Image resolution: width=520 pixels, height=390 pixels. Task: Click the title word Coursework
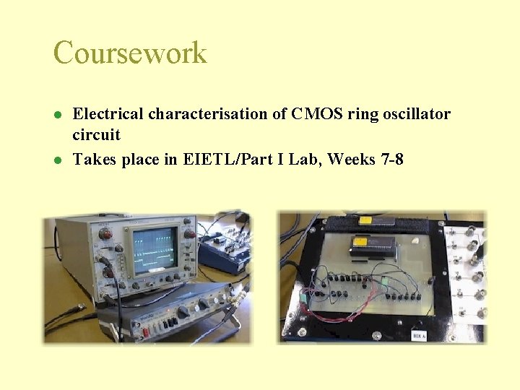point(130,53)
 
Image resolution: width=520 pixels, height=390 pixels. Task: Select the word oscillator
point(414,114)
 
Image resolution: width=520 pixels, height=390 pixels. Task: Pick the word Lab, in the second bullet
point(305,159)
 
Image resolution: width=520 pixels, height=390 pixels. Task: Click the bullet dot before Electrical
point(57,115)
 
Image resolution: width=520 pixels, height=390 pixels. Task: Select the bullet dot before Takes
point(57,160)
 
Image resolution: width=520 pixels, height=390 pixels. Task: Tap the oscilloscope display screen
point(155,248)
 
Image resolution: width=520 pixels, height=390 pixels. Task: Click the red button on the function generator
point(144,331)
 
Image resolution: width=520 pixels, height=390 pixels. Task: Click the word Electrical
point(110,114)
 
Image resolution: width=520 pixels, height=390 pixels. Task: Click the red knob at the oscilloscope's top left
point(105,234)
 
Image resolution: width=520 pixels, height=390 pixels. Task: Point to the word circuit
point(96,135)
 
